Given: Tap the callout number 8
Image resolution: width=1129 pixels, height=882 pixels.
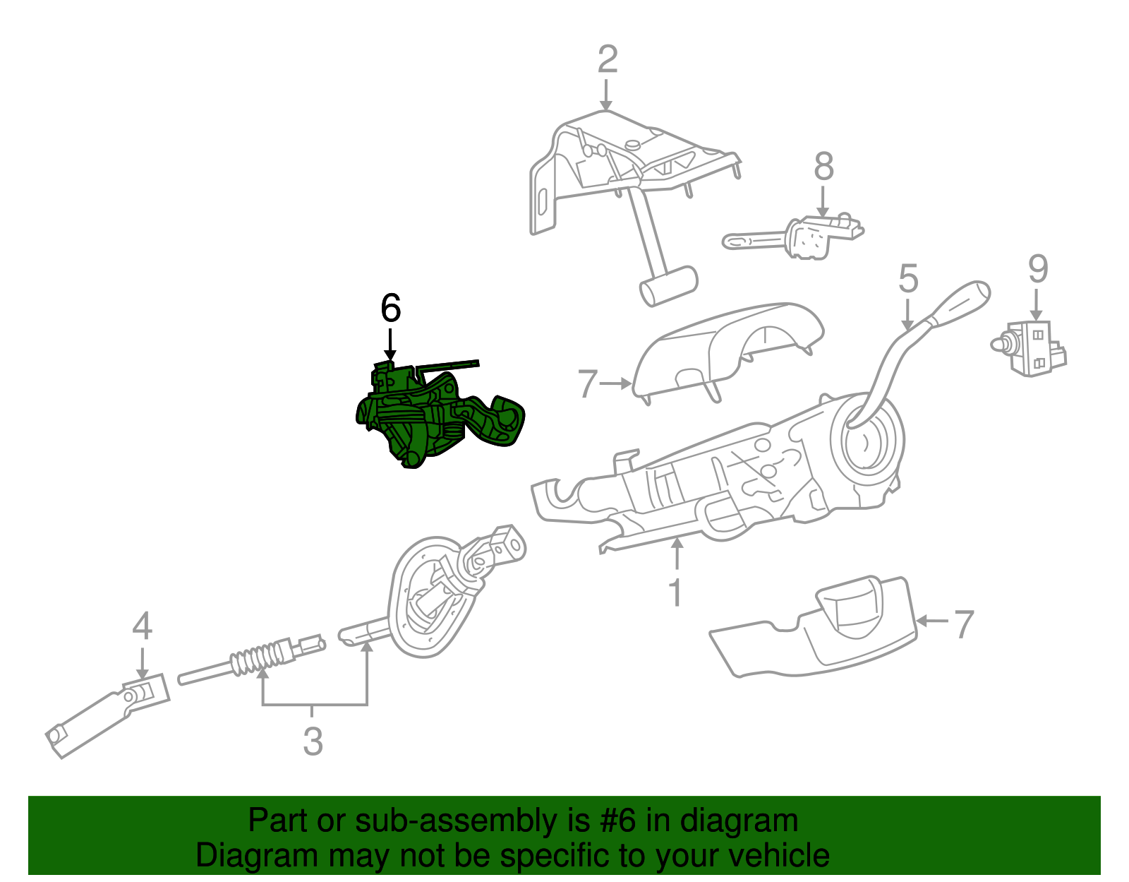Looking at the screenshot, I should tap(823, 167).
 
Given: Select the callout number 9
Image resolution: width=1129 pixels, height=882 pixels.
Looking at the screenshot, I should tap(1037, 269).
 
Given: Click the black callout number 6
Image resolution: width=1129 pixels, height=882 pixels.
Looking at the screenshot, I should tap(390, 309).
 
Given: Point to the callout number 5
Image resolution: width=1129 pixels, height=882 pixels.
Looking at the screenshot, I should tap(908, 278).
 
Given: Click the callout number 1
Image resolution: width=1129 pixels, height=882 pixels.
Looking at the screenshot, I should tap(675, 592).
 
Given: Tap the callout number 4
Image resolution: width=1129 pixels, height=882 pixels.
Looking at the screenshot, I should tap(142, 626).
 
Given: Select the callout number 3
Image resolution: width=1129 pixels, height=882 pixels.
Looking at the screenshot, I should tap(313, 741).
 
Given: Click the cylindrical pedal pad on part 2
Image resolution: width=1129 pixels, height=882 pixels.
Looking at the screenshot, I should tap(668, 285).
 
